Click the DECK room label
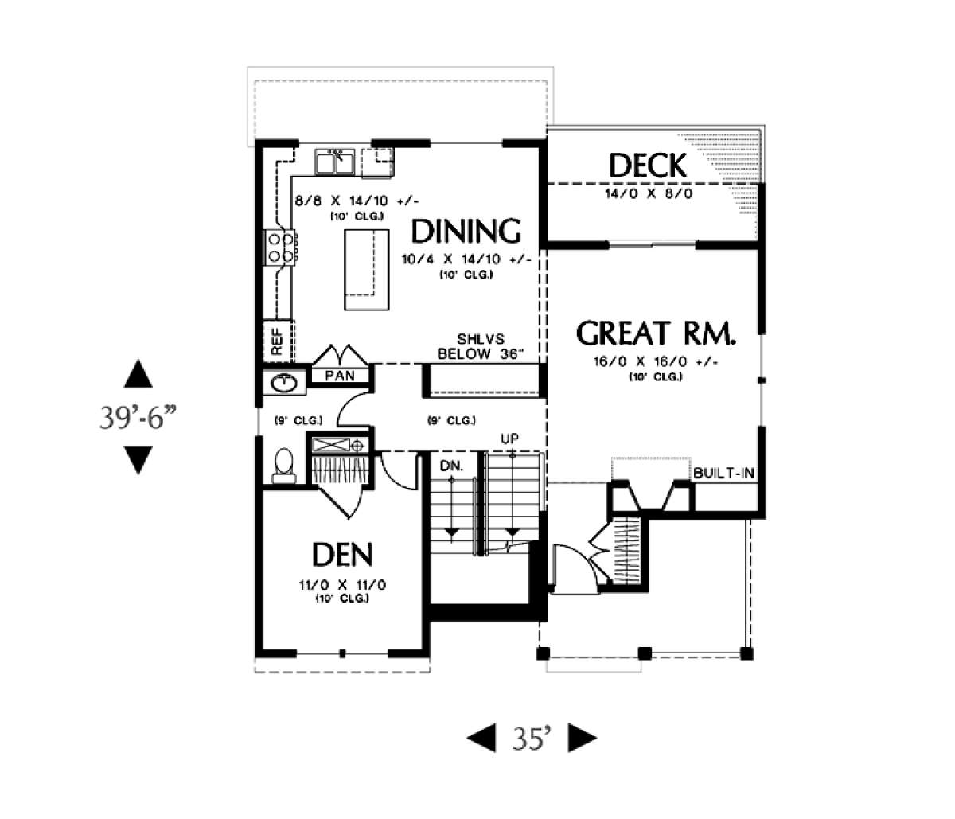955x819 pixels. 647,166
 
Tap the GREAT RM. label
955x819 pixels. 656,333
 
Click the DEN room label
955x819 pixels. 342,554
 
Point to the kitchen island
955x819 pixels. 366,270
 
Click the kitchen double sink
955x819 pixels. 335,162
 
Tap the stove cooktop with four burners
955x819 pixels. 279,248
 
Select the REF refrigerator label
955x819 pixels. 277,341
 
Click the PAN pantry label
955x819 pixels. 340,376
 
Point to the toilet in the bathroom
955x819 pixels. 284,466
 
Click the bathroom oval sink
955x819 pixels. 283,384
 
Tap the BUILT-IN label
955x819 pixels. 723,473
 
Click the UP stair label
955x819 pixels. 509,439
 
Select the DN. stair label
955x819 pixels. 451,466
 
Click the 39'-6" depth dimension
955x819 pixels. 138,417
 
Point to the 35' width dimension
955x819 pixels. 532,738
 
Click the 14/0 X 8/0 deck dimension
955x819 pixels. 649,193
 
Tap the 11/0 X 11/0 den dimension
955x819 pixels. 342,585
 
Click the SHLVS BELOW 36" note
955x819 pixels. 481,346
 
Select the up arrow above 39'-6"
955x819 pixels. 138,373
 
